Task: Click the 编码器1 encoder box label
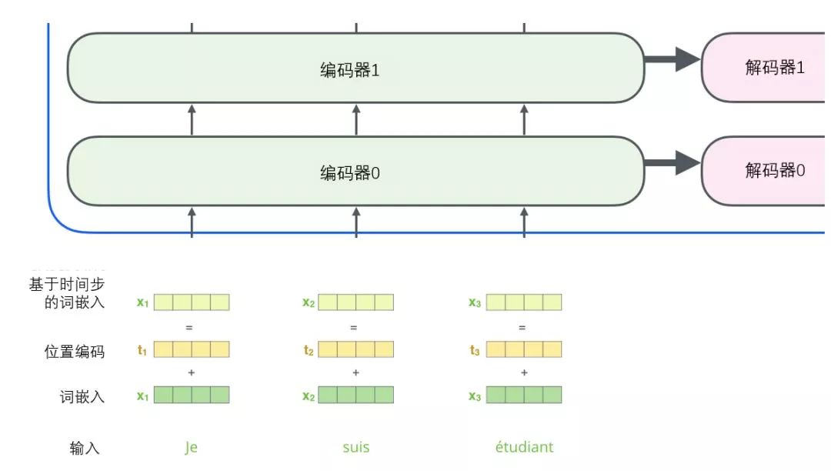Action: click(x=350, y=70)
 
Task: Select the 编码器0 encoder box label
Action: click(x=350, y=173)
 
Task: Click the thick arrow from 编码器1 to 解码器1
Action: click(x=672, y=59)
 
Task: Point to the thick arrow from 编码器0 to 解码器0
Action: click(x=672, y=162)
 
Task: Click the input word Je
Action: click(x=191, y=447)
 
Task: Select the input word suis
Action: click(x=355, y=447)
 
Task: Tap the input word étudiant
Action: click(x=524, y=447)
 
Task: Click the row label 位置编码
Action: click(x=75, y=352)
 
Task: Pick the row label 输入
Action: click(x=85, y=448)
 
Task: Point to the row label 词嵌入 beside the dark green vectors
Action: click(x=82, y=397)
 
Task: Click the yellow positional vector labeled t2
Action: click(x=355, y=350)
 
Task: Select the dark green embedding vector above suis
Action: click(x=355, y=396)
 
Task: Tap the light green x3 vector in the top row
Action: click(x=524, y=302)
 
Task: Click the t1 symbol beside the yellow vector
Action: click(x=142, y=351)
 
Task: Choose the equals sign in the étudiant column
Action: click(x=522, y=327)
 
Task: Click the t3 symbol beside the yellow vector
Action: click(x=475, y=351)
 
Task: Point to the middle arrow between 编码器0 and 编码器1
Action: click(x=355, y=120)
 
